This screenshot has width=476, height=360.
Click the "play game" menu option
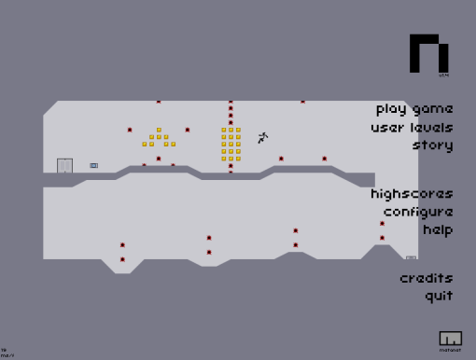click(x=414, y=108)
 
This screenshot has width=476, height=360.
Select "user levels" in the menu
click(x=412, y=127)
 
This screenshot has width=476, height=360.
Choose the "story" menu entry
click(x=432, y=145)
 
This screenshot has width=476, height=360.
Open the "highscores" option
click(x=412, y=194)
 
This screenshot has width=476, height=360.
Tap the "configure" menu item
click(x=417, y=212)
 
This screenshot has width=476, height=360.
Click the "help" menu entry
click(x=437, y=229)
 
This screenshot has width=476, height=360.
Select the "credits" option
click(x=427, y=278)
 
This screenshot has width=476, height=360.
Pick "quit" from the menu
click(x=439, y=296)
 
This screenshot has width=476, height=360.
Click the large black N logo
click(x=429, y=54)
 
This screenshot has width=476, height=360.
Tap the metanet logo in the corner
click(x=450, y=339)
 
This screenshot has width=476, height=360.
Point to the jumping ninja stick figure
click(x=262, y=137)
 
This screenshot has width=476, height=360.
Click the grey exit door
click(x=64, y=166)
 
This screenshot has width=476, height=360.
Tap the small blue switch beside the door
click(x=93, y=166)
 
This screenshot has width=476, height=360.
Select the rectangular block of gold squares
click(x=231, y=144)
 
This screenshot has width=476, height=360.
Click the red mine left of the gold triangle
click(x=130, y=130)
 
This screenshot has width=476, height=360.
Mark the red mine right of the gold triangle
click(x=187, y=130)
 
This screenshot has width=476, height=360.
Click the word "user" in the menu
click(x=386, y=127)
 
